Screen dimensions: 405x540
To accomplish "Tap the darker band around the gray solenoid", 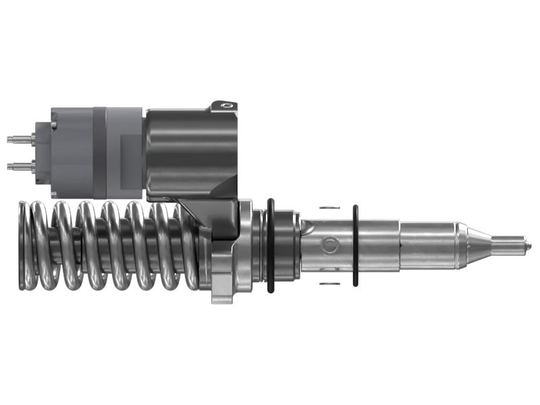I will pos(100,152).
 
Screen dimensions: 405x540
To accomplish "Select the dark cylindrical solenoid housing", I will pos(191,152).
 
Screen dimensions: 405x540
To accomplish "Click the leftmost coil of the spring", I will pos(25,246).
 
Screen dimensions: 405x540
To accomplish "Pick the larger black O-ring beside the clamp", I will pos(271,246).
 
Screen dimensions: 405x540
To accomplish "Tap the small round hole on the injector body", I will pos(330,245).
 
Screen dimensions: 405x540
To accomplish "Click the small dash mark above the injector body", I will pos(327,207).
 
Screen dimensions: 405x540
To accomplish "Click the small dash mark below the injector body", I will pos(327,283).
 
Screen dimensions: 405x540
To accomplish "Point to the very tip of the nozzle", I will pos(529,245).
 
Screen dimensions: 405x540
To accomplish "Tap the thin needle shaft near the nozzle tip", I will pos(510,245).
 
